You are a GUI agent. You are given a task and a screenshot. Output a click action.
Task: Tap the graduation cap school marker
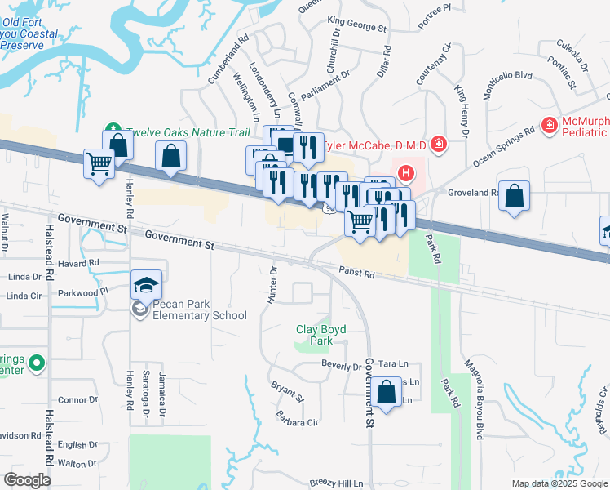(147, 285)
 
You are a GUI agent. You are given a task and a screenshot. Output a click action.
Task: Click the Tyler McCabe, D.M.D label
(376, 145)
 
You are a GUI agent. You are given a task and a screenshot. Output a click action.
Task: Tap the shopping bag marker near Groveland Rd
(514, 197)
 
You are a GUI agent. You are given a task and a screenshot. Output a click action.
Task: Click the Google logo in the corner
(27, 480)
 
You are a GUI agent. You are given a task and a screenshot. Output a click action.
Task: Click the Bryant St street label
(287, 391)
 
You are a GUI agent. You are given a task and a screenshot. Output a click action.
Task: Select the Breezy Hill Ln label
(337, 483)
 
